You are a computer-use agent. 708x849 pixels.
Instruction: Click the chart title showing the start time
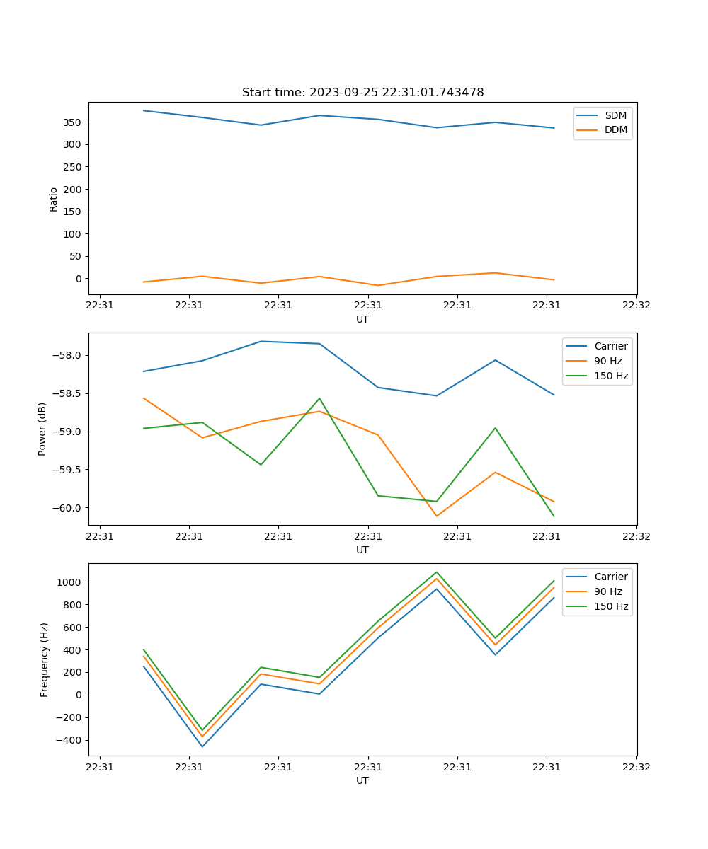coord(362,93)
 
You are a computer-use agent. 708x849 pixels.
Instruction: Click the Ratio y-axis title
coord(54,199)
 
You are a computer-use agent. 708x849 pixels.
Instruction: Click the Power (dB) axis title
coord(43,429)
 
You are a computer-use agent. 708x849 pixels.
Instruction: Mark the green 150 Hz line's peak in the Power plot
coord(319,398)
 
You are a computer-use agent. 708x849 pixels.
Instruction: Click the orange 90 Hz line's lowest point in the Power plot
coord(436,516)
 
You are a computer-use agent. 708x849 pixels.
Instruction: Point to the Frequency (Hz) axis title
coord(45,659)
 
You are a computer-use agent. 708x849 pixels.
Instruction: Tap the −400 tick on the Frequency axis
coord(68,740)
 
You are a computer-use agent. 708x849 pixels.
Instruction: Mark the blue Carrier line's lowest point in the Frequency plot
coord(202,746)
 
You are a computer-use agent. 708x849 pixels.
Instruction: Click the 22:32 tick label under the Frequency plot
coord(636,766)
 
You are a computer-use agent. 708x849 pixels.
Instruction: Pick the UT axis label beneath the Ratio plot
coord(362,319)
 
